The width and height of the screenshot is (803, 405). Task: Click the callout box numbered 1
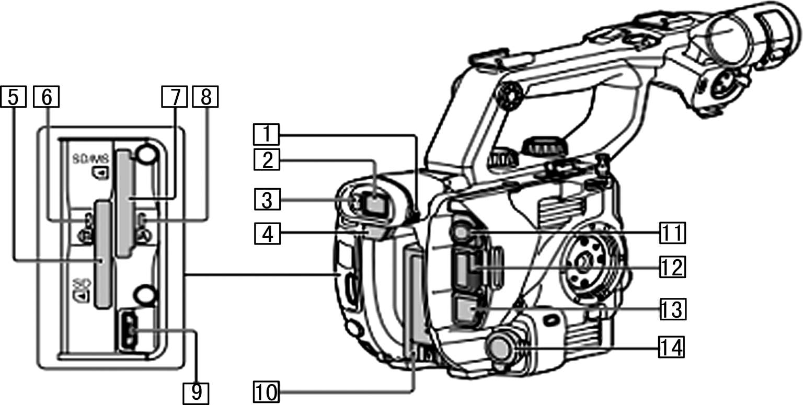(267, 134)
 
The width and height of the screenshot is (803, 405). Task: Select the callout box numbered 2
(267, 159)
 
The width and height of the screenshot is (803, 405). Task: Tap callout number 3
(267, 200)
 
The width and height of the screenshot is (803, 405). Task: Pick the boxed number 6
(46, 97)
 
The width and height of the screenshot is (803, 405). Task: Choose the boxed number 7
(175, 97)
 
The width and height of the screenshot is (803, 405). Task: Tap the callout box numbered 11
(672, 233)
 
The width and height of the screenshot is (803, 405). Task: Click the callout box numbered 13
(672, 310)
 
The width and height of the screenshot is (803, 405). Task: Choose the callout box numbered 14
(672, 347)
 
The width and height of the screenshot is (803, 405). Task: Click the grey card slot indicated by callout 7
(124, 204)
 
